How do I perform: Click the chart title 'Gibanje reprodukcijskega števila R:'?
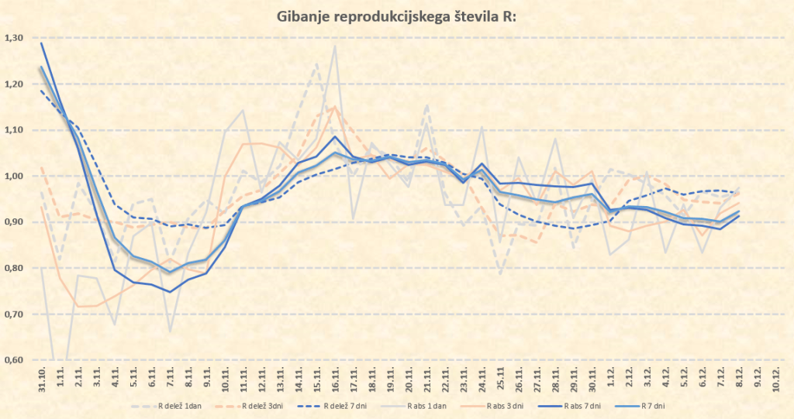tap(396, 16)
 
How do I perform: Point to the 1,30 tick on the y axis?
tap(13, 38)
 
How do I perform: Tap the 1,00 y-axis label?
tap(13, 176)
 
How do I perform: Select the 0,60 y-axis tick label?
tap(13, 360)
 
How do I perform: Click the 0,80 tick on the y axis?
tap(13, 268)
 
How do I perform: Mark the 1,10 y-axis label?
tap(13, 130)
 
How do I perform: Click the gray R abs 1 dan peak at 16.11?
tap(336, 46)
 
